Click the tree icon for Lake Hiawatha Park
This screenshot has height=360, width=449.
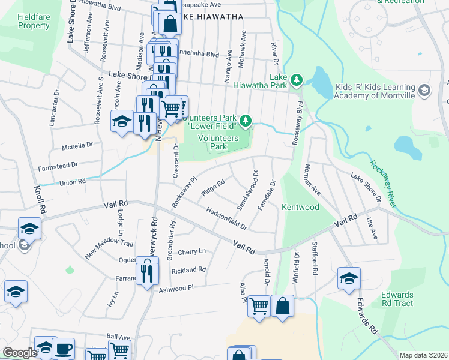(295, 79)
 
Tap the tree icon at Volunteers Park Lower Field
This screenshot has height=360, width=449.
(245, 122)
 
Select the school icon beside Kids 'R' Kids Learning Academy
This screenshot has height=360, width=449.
(424, 91)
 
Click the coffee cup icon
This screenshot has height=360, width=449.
(63, 349)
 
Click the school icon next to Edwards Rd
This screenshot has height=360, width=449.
(348, 278)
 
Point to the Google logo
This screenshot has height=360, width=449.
(20, 353)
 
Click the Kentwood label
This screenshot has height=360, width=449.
(300, 207)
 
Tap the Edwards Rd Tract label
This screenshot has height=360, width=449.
(397, 299)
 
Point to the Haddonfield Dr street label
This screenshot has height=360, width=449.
(226, 219)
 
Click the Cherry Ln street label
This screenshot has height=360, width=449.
(191, 251)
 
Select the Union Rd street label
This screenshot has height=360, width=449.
(73, 181)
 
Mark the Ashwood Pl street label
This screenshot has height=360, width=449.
(176, 289)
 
